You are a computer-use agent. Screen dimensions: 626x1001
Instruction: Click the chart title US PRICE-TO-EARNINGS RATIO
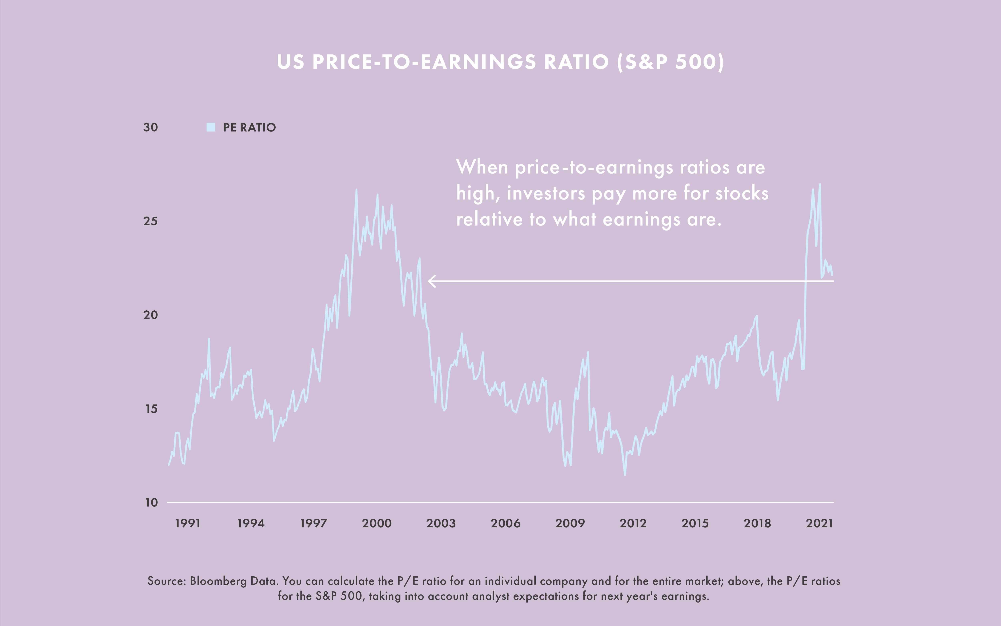tap(500, 62)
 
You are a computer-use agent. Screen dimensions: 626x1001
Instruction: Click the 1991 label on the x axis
tap(188, 523)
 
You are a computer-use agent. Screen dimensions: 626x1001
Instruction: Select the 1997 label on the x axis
tap(313, 523)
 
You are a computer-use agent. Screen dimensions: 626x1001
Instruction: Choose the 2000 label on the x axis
tap(377, 523)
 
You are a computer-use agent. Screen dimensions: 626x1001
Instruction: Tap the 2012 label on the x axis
tap(633, 523)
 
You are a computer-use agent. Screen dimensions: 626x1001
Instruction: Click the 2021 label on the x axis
tap(819, 523)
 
